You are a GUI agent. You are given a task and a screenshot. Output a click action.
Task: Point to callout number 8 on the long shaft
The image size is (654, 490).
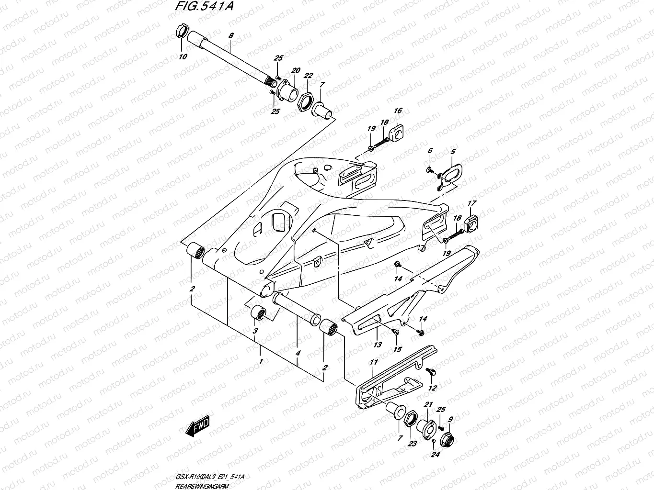(231, 36)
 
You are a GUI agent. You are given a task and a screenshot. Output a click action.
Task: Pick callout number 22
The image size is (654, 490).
(308, 76)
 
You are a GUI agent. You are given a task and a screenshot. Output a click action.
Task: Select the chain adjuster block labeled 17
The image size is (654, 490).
(472, 222)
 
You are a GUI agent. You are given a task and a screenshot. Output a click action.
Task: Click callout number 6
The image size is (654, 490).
(430, 151)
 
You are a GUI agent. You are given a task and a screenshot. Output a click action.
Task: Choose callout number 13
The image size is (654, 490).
(378, 344)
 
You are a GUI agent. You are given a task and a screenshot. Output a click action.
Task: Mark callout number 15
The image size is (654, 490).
(397, 350)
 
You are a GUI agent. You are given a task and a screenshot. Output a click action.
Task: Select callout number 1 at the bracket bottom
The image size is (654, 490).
(261, 361)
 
